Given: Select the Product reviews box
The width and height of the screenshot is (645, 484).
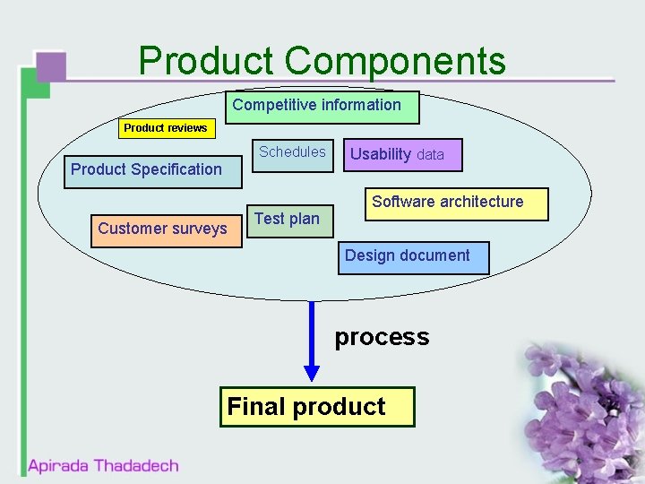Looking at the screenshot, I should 167,128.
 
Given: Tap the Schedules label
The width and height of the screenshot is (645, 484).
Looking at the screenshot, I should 292,151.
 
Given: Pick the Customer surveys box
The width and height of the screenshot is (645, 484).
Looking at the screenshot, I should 163,229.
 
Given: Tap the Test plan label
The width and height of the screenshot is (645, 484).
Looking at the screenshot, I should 287,219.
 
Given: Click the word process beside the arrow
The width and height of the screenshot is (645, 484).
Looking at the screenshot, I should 382,337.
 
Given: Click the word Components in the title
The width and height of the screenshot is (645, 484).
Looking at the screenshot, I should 395,61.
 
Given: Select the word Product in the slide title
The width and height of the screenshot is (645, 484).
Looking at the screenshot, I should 206,61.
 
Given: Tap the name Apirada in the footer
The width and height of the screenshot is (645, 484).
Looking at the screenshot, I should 58,466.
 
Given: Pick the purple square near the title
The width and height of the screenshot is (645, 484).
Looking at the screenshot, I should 50,67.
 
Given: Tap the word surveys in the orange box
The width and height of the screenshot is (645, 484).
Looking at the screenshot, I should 199,229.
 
